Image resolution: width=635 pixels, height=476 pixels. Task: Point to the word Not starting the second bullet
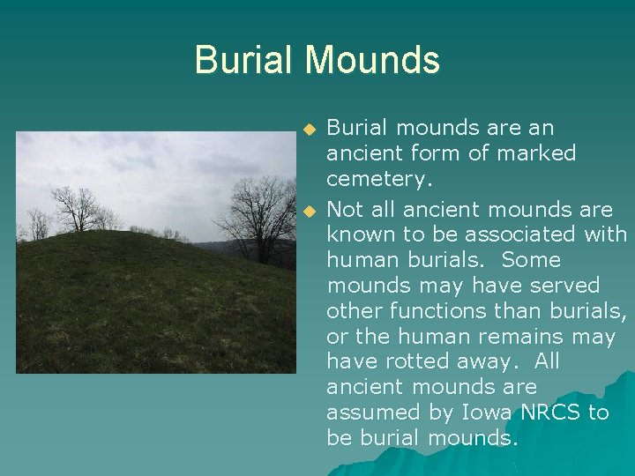[344, 210]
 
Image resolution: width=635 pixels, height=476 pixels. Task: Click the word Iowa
[480, 413]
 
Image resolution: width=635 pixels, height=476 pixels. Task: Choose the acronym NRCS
[550, 413]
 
